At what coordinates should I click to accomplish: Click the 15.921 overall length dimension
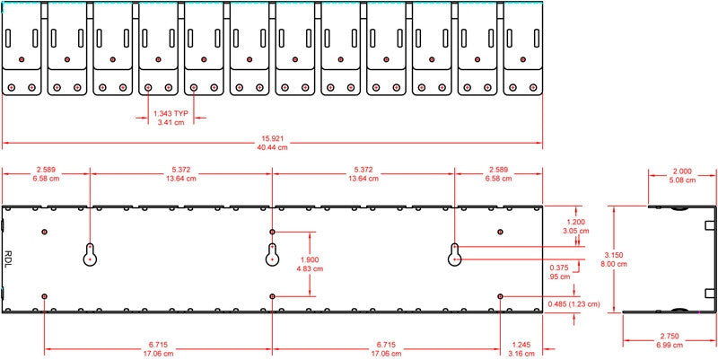pos(272,138)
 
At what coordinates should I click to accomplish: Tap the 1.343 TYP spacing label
pos(171,114)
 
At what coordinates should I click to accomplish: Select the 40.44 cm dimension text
pos(272,147)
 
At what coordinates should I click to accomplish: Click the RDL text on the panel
pos(8,259)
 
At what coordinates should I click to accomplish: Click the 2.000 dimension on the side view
pos(682,171)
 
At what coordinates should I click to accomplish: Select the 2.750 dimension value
pos(669,336)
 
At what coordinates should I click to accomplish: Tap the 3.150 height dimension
pos(614,255)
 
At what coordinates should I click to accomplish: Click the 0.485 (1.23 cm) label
pos(574,303)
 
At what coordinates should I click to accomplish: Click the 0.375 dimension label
pos(558,268)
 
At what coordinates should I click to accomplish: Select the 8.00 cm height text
pos(614,264)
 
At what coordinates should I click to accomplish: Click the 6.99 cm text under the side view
pos(669,345)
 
